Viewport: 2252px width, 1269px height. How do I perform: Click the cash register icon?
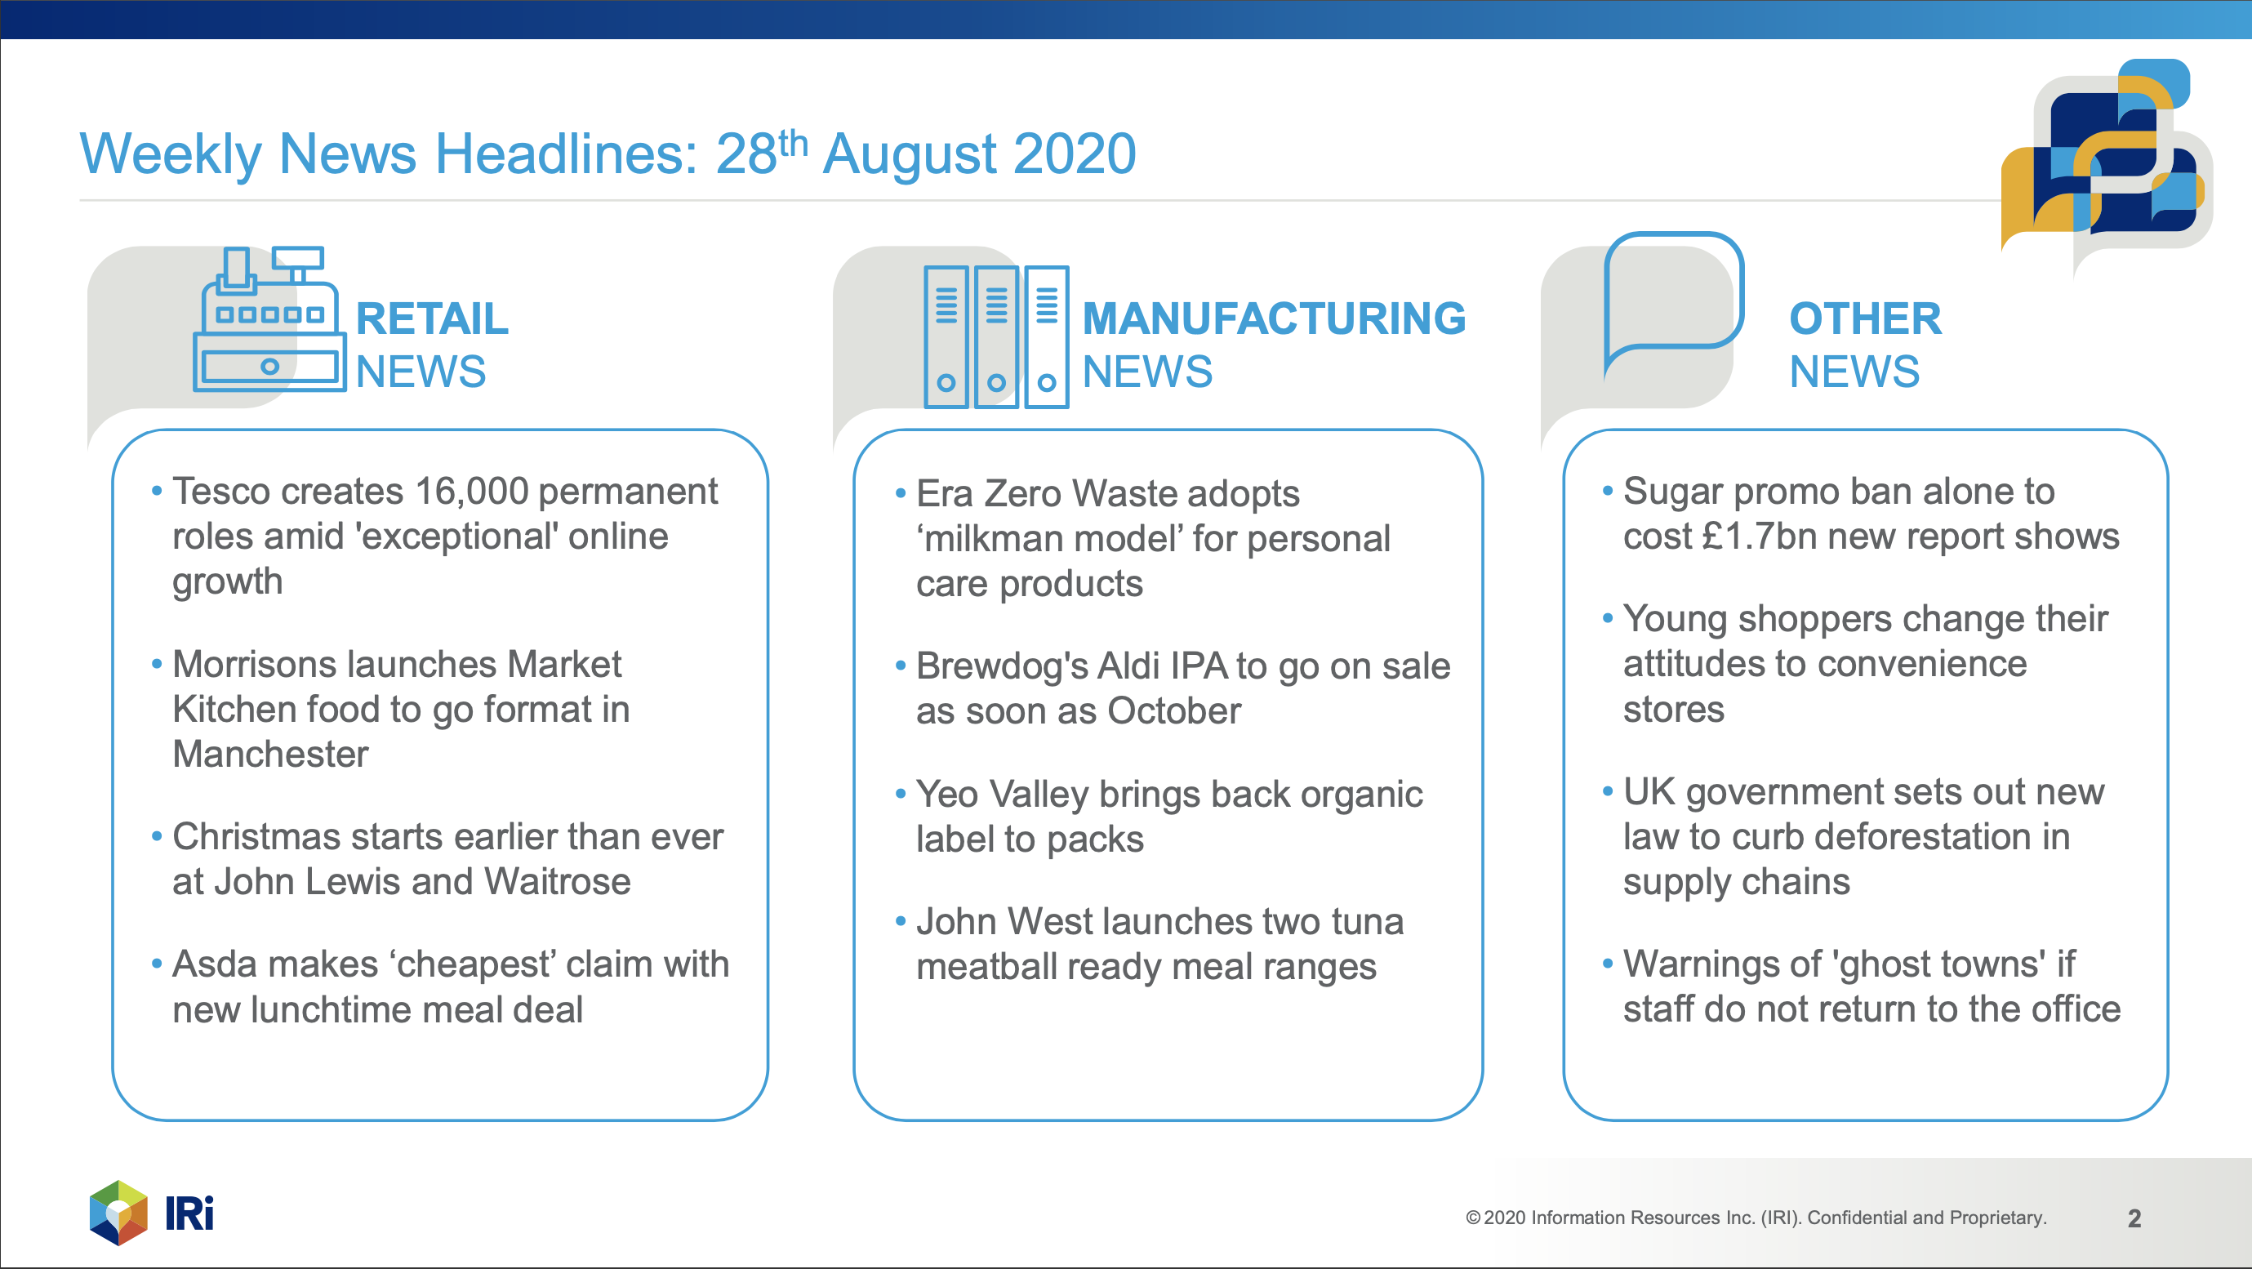click(269, 318)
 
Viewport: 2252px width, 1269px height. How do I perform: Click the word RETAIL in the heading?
click(432, 318)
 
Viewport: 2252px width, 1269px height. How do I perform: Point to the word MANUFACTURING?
click(1274, 318)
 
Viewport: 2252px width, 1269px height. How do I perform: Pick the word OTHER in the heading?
click(1865, 318)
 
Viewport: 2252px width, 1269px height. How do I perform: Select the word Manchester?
click(270, 754)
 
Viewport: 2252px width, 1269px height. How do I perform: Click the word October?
click(1173, 711)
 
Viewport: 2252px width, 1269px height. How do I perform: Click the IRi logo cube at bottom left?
click(119, 1213)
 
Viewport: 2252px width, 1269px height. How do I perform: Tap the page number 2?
click(2134, 1218)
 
